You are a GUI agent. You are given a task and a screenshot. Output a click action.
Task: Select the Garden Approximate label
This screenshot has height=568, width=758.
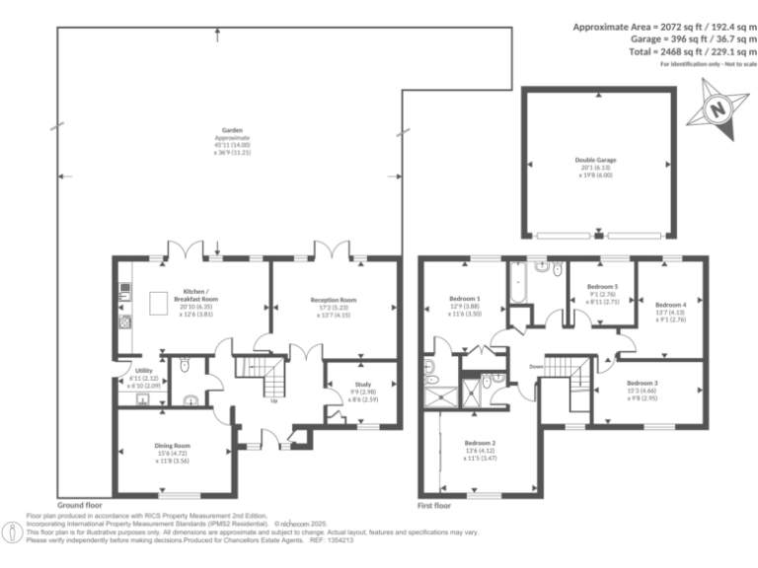(x=233, y=144)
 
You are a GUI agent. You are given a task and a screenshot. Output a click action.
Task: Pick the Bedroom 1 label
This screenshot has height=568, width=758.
(x=465, y=304)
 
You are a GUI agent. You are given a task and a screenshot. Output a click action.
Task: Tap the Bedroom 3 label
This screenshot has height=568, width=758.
(x=642, y=388)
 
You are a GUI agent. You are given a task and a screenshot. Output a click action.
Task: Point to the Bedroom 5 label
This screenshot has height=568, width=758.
(x=602, y=298)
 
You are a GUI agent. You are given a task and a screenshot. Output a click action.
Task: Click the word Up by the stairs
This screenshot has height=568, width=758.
(x=272, y=400)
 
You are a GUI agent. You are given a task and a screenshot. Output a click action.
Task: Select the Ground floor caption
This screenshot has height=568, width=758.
(x=78, y=503)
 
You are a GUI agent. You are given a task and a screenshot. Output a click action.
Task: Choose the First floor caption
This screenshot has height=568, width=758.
(x=435, y=503)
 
